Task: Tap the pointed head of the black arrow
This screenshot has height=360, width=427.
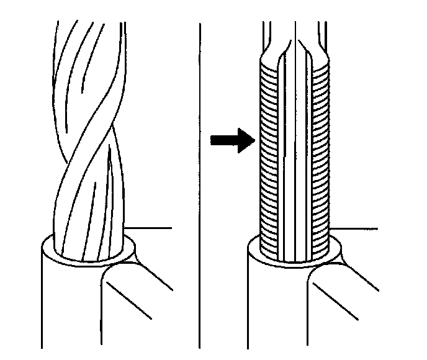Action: point(248,140)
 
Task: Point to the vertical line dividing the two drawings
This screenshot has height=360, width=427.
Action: point(200,186)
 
